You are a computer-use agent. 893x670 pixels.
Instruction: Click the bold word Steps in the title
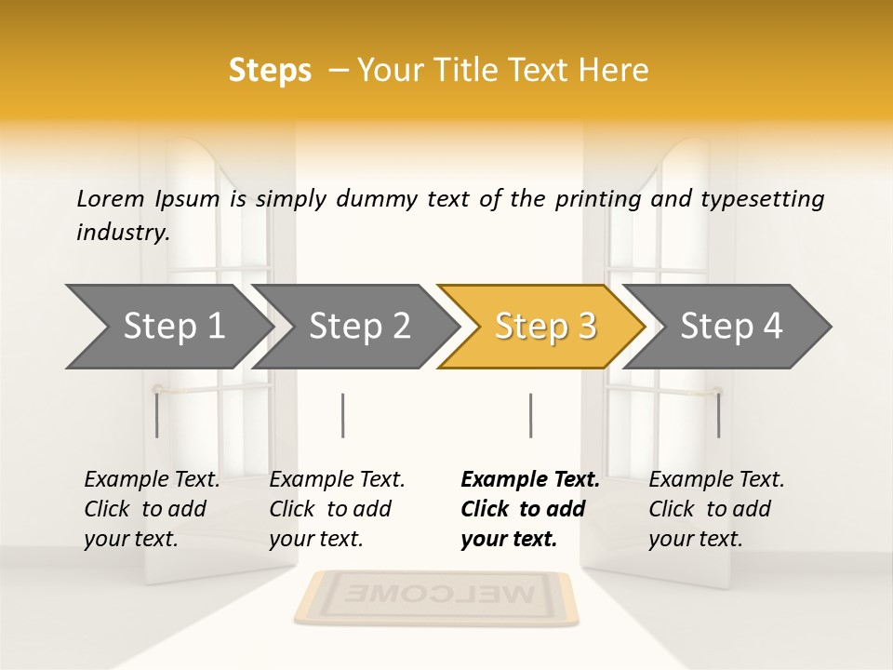pyautogui.click(x=270, y=71)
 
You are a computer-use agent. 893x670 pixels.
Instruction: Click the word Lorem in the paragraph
pyautogui.click(x=111, y=198)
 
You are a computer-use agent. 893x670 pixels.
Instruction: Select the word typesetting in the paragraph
pyautogui.click(x=762, y=199)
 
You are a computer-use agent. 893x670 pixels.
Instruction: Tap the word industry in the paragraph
pyautogui.click(x=122, y=232)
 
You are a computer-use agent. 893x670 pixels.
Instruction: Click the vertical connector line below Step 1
pyautogui.click(x=157, y=415)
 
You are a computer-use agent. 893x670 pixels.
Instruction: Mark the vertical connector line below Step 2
pyautogui.click(x=343, y=415)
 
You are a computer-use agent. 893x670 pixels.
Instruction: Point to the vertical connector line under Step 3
pyautogui.click(x=530, y=415)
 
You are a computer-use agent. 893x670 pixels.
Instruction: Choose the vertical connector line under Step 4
pyautogui.click(x=718, y=415)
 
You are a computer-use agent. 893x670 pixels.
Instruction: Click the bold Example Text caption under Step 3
pyautogui.click(x=530, y=509)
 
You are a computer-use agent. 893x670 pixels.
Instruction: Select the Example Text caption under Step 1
pyautogui.click(x=152, y=509)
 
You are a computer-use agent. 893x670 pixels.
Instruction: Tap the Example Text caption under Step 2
pyautogui.click(x=337, y=509)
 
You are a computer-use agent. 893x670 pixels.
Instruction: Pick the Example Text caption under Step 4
pyautogui.click(x=716, y=509)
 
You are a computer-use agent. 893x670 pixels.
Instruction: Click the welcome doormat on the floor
pyautogui.click(x=435, y=596)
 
